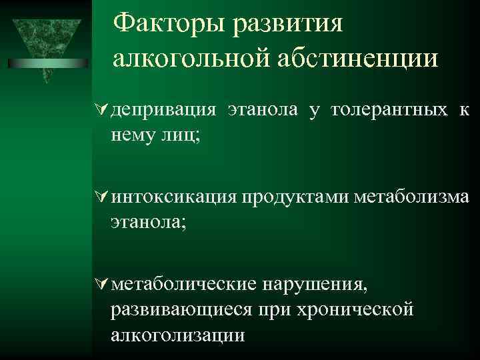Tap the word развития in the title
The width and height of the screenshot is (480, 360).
[287, 25]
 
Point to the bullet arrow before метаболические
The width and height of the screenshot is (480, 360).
[103, 285]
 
